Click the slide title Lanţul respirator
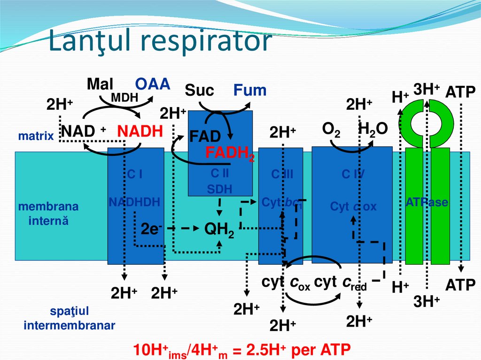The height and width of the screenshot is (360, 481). (161, 42)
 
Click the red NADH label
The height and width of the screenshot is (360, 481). (140, 131)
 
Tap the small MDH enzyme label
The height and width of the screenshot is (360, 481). (124, 98)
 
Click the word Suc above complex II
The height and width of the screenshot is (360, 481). (200, 90)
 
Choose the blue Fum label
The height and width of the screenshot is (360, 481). (250, 90)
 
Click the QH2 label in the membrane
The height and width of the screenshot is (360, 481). (219, 230)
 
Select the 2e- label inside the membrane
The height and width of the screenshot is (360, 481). (151, 229)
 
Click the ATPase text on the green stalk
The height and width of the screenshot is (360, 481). (427, 203)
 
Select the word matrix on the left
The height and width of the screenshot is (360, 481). (36, 137)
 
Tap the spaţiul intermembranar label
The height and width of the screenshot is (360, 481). (69, 318)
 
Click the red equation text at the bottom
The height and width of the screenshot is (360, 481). (242, 350)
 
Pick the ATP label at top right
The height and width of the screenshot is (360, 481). (460, 92)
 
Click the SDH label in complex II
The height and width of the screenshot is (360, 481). (219, 189)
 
